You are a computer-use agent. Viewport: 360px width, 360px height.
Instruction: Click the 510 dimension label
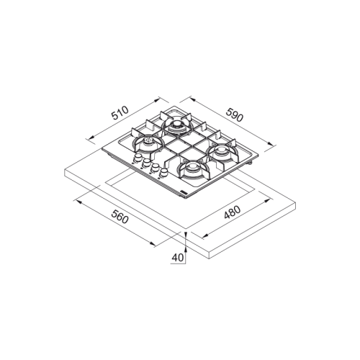[120, 113]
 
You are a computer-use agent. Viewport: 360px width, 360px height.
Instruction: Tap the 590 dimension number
[235, 114]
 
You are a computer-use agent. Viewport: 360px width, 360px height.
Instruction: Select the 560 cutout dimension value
[120, 217]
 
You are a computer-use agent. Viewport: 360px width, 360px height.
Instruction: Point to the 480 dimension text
[232, 212]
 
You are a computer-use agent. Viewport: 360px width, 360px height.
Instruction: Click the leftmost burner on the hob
[147, 143]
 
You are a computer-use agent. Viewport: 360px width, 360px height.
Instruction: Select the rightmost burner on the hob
[221, 153]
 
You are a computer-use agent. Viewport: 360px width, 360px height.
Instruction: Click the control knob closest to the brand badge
[164, 174]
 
